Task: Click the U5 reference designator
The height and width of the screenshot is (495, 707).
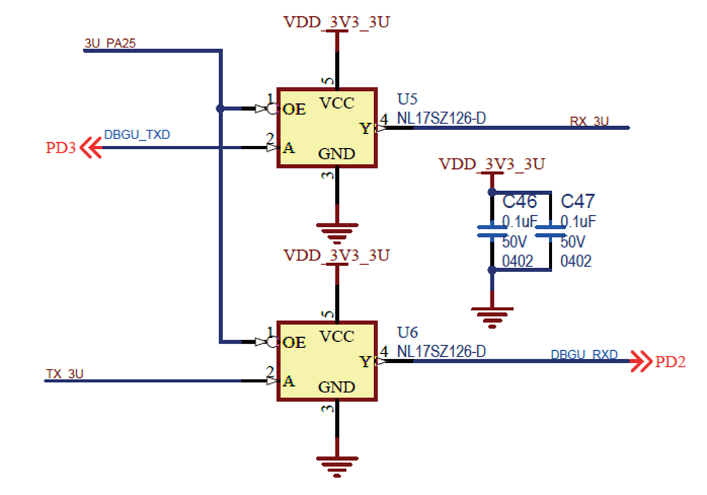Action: tap(407, 99)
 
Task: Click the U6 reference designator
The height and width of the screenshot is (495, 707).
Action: tap(407, 332)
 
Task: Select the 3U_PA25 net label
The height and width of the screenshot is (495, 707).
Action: tap(110, 43)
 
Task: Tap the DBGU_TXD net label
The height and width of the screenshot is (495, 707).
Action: tap(137, 135)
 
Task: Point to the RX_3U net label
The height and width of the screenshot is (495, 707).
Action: tap(589, 121)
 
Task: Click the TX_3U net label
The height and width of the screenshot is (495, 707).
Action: tap(65, 374)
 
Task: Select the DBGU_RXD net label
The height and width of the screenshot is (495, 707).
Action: tap(584, 355)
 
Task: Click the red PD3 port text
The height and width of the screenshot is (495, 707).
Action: tap(61, 149)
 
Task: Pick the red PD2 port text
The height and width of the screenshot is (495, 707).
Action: tap(670, 362)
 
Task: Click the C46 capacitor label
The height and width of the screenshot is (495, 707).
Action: tap(520, 201)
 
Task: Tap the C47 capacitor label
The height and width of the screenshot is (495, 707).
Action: tap(577, 201)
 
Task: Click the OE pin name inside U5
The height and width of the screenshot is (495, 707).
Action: tap(294, 109)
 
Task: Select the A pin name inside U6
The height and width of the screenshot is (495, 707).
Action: tap(289, 381)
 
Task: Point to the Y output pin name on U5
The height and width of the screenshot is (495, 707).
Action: tap(366, 129)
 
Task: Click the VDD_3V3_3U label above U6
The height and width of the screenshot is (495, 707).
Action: tap(337, 255)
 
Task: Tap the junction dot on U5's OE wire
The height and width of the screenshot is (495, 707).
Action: tap(221, 108)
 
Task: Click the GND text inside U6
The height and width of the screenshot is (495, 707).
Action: tap(336, 387)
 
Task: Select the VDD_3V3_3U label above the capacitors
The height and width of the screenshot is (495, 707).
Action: tap(492, 164)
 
